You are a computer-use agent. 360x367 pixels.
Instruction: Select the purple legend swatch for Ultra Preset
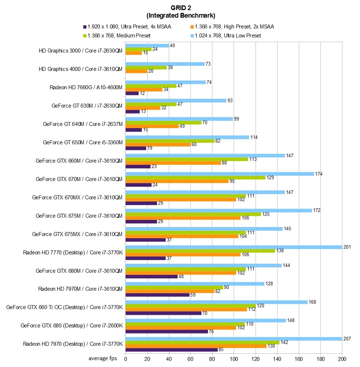click(x=85, y=26)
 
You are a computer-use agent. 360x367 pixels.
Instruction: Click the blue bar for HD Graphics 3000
click(x=147, y=45)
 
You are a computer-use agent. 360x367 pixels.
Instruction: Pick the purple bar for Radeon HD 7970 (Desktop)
click(x=171, y=349)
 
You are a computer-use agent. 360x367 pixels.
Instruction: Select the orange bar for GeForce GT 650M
click(x=158, y=144)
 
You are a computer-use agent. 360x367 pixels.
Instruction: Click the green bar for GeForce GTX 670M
click(x=195, y=177)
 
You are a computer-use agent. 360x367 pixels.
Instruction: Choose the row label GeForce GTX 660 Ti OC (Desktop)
click(x=65, y=307)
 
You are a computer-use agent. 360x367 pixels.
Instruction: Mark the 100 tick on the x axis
click(x=234, y=359)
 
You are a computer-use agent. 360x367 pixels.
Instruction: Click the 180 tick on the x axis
click(x=320, y=359)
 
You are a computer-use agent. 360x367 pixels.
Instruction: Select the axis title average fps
click(x=105, y=359)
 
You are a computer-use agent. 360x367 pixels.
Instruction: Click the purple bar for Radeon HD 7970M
click(x=157, y=295)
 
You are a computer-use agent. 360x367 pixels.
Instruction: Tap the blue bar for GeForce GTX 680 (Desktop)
click(x=206, y=320)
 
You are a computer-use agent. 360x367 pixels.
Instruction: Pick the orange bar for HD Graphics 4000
click(x=136, y=71)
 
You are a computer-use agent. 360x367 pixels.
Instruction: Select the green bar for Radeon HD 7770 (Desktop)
click(x=200, y=251)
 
